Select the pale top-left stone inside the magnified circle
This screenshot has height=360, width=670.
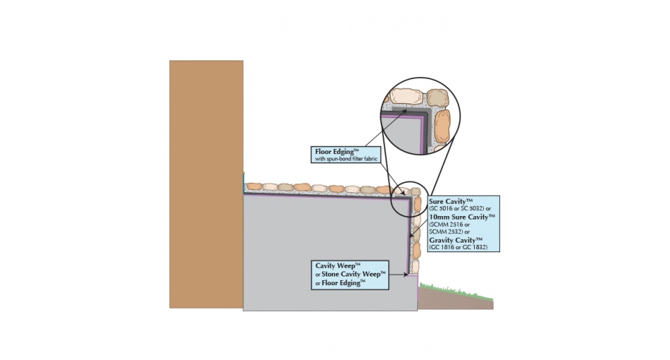pyautogui.click(x=405, y=96)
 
